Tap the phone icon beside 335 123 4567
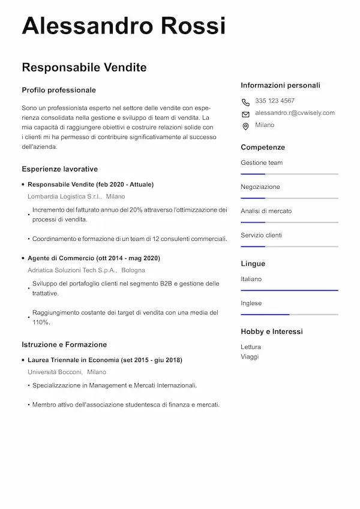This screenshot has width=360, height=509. pos(245,102)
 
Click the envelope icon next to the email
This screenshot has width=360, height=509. pos(245,114)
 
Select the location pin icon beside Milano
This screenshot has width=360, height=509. pos(245,126)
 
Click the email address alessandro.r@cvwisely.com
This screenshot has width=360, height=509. pos(295,113)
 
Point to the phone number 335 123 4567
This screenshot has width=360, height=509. pos(275,101)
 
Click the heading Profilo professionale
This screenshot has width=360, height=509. pos(59,90)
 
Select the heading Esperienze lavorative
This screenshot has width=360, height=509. pos(59,169)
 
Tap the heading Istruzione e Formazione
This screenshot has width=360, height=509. pos(64,345)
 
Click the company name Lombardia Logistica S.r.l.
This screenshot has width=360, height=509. pos(65,196)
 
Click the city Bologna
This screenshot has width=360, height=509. pos(133,270)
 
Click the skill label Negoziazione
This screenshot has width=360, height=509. pos(260,187)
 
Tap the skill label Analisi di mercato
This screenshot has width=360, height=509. pos(266,211)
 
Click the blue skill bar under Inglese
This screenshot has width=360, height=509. pos(265,314)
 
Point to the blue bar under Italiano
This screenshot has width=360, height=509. pos(289,290)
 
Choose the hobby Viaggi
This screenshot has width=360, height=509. pos(250,356)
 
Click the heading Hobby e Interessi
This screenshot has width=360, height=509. pos(272,332)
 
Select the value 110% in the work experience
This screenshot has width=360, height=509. pos(41,322)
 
